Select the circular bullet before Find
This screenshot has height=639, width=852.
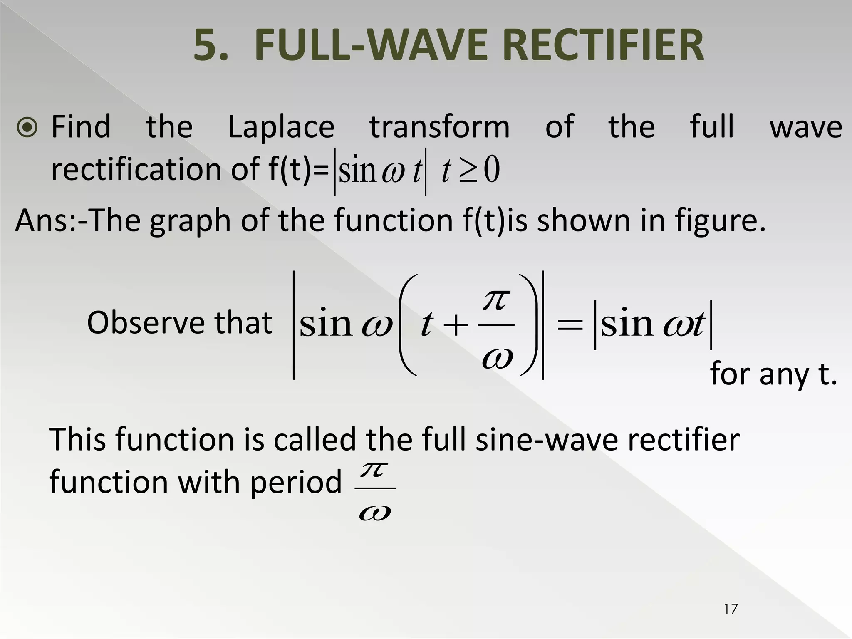click(27, 128)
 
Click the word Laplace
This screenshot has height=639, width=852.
click(281, 127)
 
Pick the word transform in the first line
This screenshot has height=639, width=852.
click(440, 127)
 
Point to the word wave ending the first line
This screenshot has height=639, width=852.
click(806, 127)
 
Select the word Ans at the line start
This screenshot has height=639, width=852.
click(40, 220)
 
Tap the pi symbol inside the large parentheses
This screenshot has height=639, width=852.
click(496, 300)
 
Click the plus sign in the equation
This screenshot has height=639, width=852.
click(456, 325)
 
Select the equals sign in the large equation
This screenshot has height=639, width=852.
click(570, 325)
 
